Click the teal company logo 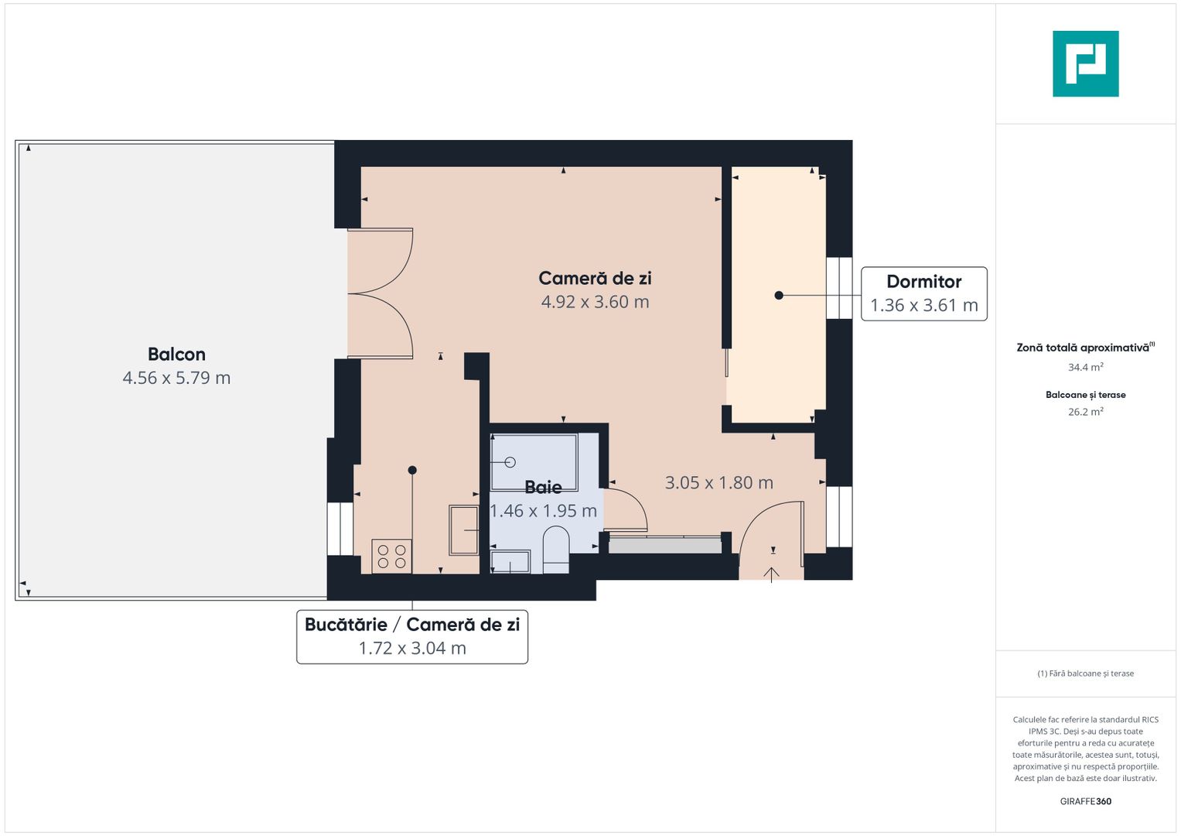1085,63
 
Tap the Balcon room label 176,354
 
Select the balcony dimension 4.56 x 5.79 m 176,378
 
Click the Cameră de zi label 595,278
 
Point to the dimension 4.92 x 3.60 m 595,302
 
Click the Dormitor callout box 923,293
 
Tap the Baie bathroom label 543,487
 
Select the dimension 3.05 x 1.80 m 718,482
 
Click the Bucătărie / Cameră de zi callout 411,636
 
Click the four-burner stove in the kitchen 391,557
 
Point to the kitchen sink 464,530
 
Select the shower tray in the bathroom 534,462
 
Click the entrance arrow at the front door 772,574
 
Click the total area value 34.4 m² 1085,367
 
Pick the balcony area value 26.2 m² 1085,412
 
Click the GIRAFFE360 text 1085,801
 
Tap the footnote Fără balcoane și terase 1085,673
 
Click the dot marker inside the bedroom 779,295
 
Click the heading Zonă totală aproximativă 1083,348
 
